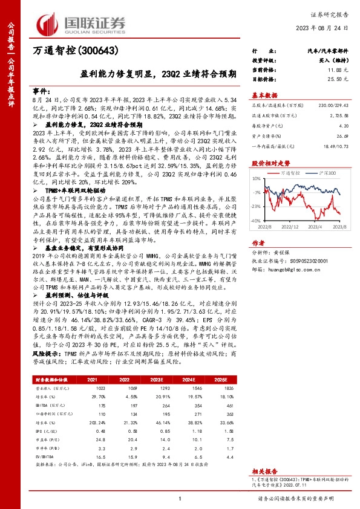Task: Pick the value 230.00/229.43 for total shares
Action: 333,105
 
